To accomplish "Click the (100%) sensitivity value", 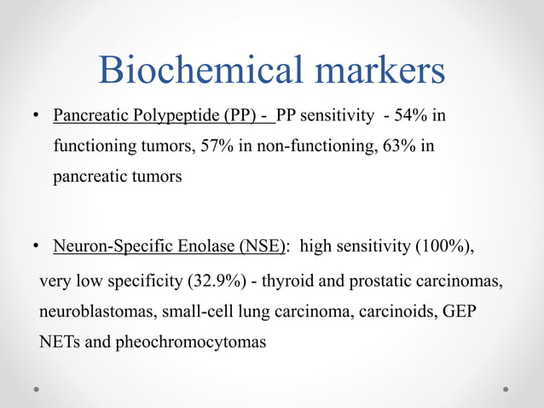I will click(x=444, y=248).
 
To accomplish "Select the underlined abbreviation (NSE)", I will click(x=259, y=248).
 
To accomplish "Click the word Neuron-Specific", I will click(x=106, y=248).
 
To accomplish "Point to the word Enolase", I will click(x=194, y=248).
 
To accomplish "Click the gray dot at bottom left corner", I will click(x=38, y=388).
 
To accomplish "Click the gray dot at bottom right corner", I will click(x=506, y=388).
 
